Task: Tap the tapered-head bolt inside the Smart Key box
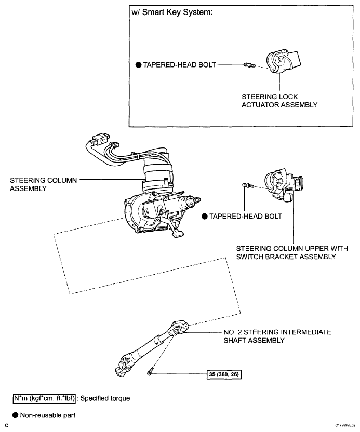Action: click(248, 65)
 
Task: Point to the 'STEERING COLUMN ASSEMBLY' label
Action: click(43, 184)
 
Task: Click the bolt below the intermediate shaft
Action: click(150, 372)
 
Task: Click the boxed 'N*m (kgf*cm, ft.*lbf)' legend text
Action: click(44, 398)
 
